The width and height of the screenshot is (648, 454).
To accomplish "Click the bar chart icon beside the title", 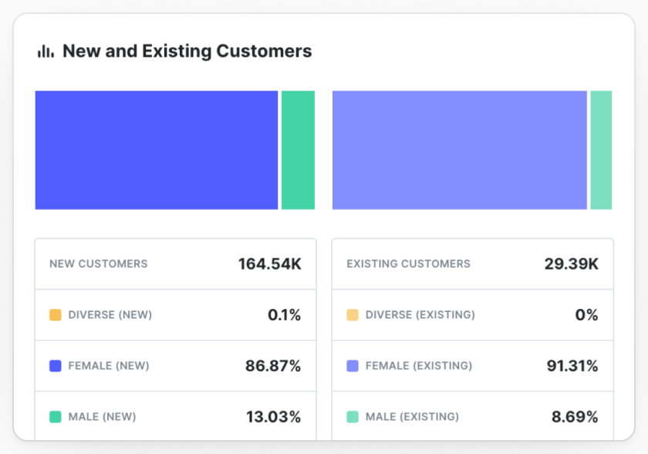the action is point(46,51).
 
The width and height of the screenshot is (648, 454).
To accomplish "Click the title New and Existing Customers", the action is point(187,51).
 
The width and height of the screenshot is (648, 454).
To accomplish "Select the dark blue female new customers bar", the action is point(157,150).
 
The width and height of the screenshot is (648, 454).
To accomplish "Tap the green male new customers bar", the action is point(298,150).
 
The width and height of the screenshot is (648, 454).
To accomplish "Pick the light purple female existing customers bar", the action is point(460,150).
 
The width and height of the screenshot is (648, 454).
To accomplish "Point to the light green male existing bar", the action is point(601,150).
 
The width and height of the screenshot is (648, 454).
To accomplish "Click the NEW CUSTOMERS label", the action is point(99,264).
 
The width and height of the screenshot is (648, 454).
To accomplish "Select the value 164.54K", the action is point(270,264).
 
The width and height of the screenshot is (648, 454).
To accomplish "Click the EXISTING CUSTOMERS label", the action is point(408,264).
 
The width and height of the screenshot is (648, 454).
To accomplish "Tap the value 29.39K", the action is point(571,264).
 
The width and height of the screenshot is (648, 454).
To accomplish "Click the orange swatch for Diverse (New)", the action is point(56,315).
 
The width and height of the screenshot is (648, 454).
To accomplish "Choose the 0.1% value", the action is point(285,315).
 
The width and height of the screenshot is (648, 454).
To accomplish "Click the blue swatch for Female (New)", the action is point(56,366).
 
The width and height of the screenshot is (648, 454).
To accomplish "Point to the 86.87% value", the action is point(273,366).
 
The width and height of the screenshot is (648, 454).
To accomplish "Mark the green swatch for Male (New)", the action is point(56,417).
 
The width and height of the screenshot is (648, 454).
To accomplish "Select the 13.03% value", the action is point(274,417).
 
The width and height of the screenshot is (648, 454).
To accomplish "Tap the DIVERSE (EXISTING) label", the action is point(420,315).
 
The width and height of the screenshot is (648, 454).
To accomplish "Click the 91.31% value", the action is point(572,366).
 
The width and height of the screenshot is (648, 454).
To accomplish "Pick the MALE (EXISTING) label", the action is point(413,417).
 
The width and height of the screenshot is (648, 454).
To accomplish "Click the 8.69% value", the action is point(575,417).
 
